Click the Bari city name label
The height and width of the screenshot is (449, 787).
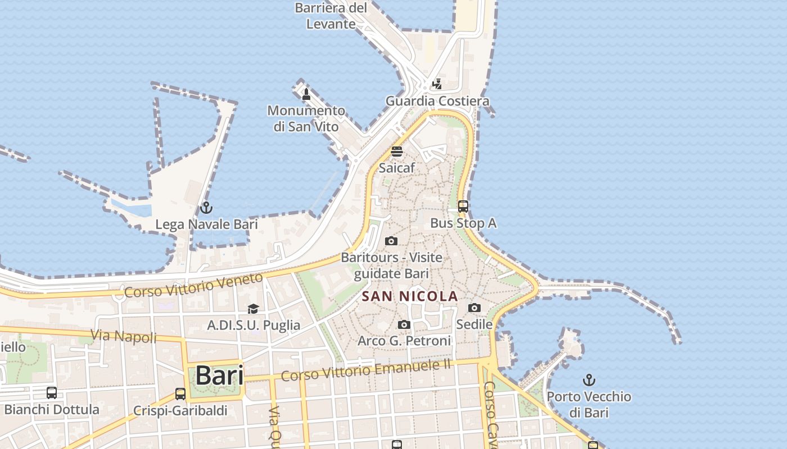[x=219, y=375]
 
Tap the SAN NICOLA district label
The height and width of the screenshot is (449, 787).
[x=410, y=296]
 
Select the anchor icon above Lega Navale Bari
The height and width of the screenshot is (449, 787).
[x=206, y=208]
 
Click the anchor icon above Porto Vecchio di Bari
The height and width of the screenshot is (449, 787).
[x=589, y=380]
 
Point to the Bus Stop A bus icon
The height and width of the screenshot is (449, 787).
[x=463, y=207]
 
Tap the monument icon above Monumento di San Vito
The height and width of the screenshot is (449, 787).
[x=306, y=94]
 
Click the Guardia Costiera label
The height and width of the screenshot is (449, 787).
[x=437, y=101]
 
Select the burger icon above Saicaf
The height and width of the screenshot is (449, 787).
[x=397, y=151]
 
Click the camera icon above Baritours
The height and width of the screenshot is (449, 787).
[x=391, y=241]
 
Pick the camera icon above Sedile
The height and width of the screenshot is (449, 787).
[x=474, y=308]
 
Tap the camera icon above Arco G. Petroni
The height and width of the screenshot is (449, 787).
[x=404, y=324]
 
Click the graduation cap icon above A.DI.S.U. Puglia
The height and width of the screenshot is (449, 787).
[x=253, y=309]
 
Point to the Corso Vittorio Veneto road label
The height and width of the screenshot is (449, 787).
[x=193, y=285]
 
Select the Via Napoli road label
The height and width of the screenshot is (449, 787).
[x=124, y=336]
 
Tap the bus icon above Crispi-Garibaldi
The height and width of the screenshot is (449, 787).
[x=180, y=394]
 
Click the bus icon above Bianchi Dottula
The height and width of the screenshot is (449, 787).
[x=52, y=393]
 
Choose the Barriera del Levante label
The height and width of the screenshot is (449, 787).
[x=331, y=16]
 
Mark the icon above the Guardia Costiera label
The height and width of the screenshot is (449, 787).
[x=437, y=84]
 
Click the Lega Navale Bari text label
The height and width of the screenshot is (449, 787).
[x=206, y=224]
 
